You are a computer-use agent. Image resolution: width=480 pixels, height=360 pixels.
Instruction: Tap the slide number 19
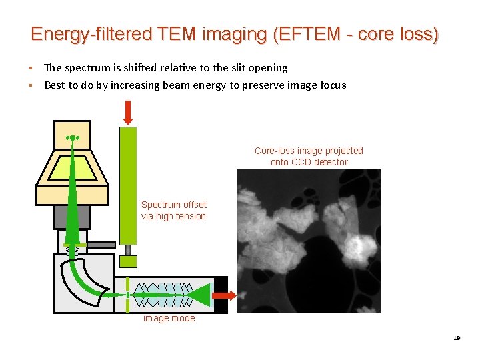tap(457, 338)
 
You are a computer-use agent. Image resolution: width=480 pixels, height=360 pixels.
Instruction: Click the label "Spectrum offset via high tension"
tap(173, 210)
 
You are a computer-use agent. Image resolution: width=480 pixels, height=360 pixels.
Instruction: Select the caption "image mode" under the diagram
tap(169, 319)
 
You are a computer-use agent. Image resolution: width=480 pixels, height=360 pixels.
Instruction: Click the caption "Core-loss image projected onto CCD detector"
tap(309, 156)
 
